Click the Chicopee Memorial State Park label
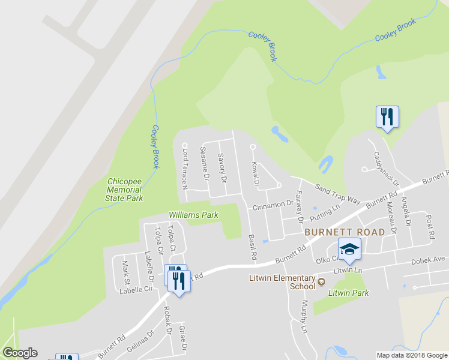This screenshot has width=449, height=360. tap(125, 190)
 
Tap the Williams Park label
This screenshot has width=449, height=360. tap(193, 214)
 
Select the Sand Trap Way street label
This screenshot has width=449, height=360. tap(337, 193)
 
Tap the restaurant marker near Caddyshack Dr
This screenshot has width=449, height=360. tap(387, 116)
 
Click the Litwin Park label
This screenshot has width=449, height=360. tap(349, 293)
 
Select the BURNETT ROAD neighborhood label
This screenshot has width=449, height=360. tap(344, 232)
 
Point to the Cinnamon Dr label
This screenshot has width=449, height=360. tap(273, 205)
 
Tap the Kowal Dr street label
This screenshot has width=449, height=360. tap(255, 173)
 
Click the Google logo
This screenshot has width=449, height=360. tap(20, 353)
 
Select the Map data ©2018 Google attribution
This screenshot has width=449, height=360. tap(412, 355)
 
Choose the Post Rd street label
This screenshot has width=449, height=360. tap(430, 228)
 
